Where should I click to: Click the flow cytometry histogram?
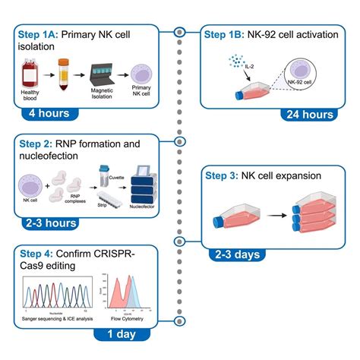tap(134, 298)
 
